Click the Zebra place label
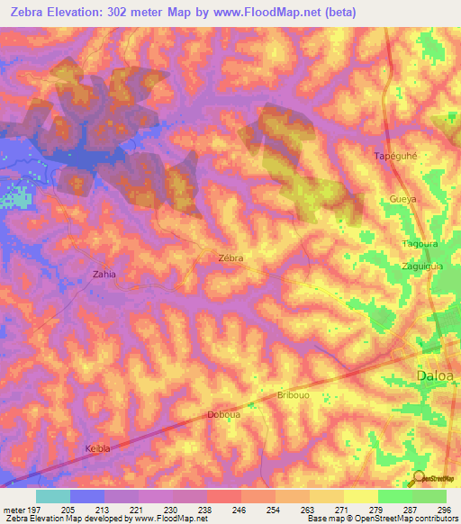coord(231,257)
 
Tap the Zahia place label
coord(105,274)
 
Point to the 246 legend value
coord(240,508)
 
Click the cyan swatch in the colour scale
coord(53,496)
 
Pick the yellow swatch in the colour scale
coord(360,496)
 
